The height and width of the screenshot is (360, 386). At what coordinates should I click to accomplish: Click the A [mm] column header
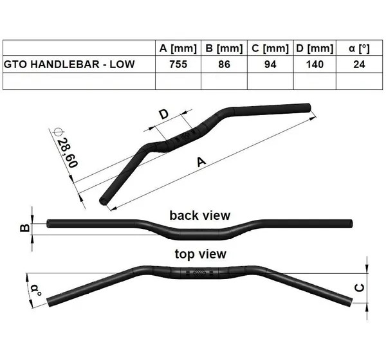178,48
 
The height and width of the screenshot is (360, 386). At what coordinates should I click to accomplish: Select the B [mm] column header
224,48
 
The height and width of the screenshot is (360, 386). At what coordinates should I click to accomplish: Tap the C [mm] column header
270,48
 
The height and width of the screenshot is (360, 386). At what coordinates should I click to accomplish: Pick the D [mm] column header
315,48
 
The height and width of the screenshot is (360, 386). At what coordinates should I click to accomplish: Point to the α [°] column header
359,48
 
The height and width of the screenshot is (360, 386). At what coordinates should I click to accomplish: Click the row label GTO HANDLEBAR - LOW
69,64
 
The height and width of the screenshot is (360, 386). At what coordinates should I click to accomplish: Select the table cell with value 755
178,64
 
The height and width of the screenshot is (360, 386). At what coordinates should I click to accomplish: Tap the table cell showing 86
224,64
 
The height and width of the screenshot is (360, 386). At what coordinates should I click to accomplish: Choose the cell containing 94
270,64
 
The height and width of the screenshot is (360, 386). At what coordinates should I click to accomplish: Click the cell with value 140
315,64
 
